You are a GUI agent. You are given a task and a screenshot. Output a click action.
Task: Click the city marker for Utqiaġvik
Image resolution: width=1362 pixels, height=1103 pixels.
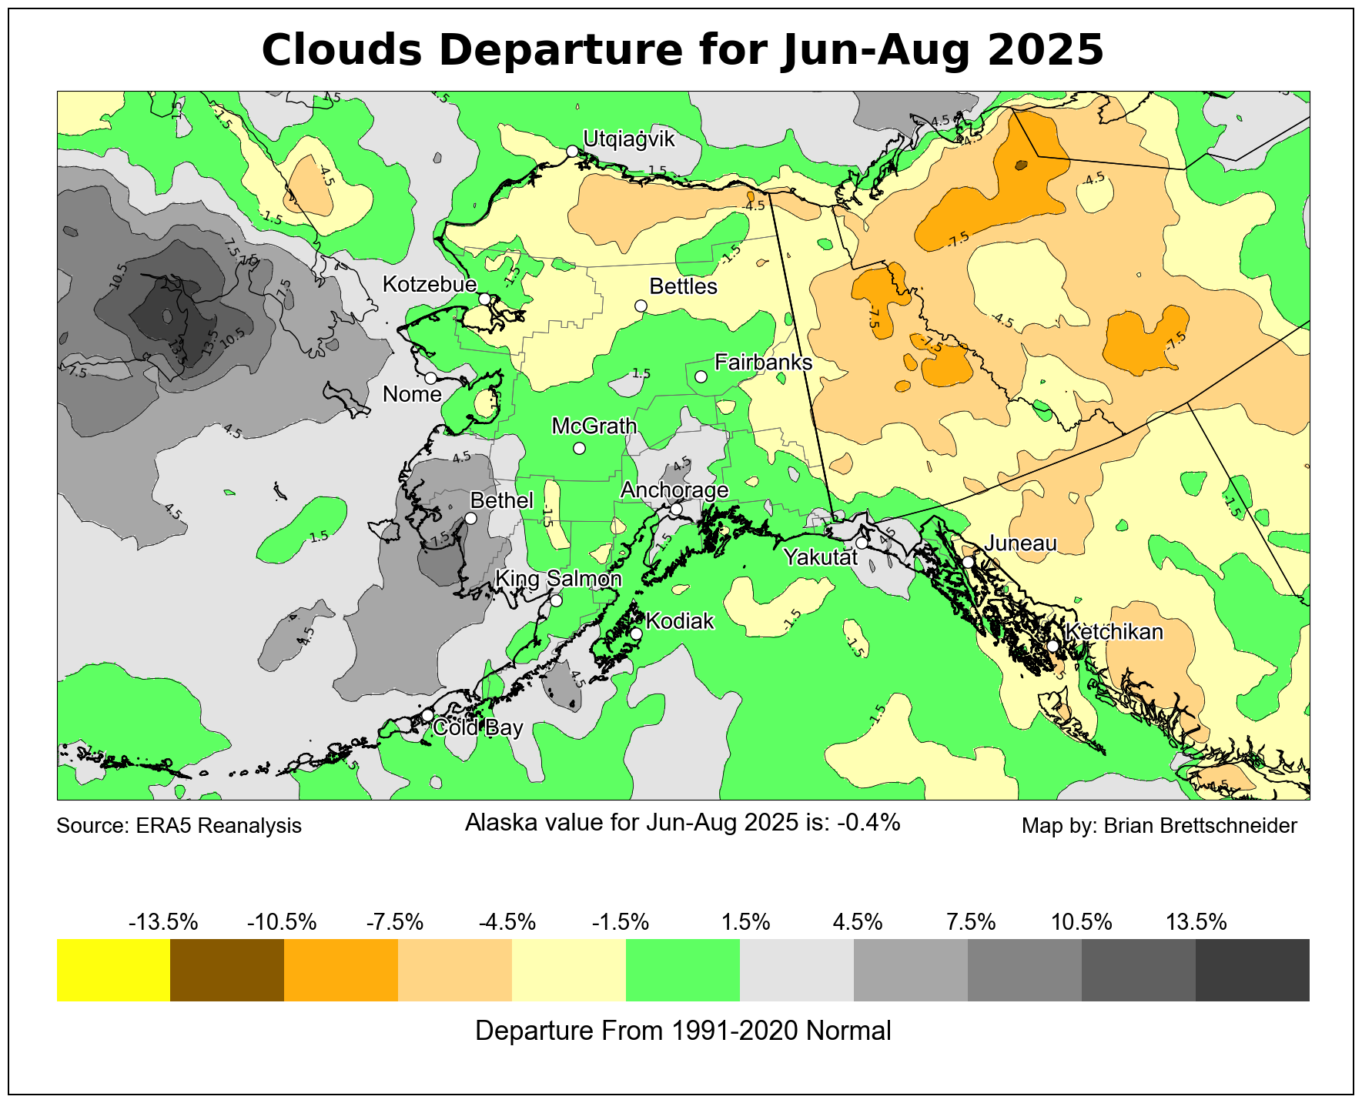pos(572,151)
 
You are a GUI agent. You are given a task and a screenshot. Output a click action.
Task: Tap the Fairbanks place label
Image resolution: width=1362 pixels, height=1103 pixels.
pos(763,362)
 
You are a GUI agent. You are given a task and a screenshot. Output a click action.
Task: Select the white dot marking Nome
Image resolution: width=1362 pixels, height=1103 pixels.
pos(430,378)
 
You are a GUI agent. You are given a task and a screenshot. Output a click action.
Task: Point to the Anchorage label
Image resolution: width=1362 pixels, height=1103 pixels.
pos(674,490)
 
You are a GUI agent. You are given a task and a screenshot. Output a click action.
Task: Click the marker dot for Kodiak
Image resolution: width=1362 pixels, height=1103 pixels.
pos(636,634)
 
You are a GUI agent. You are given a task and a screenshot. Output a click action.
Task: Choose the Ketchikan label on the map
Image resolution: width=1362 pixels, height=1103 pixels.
pos(1114,632)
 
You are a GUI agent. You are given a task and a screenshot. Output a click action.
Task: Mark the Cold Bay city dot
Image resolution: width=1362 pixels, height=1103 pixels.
pos(427,715)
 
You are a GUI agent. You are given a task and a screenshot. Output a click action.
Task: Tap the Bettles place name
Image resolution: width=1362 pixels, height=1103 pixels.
pos(683,286)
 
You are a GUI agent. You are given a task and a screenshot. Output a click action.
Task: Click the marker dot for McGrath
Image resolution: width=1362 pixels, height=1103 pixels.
pos(580,448)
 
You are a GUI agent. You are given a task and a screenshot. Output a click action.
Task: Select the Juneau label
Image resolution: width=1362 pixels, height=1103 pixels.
pos(1021,543)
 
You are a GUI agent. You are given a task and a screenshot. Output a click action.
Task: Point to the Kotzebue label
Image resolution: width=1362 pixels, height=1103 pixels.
pos(430,285)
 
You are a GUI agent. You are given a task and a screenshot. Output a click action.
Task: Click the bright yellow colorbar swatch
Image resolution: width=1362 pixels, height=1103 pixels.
pos(113,970)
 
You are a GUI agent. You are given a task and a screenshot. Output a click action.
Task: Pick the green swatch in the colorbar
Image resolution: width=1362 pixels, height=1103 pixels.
pos(683,970)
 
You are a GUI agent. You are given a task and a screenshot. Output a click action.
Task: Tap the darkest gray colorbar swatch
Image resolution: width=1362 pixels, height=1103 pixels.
pos(1252,970)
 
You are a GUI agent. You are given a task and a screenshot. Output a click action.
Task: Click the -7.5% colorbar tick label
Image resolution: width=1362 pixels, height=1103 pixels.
pos(394,921)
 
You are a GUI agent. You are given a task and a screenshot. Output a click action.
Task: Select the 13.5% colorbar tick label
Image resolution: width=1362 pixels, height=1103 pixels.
pos(1196,921)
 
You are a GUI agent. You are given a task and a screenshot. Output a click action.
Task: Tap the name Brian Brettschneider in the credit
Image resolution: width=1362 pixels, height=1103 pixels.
pos(1200,826)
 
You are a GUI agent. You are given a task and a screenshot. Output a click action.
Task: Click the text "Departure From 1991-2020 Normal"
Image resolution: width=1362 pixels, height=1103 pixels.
pos(683,1031)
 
